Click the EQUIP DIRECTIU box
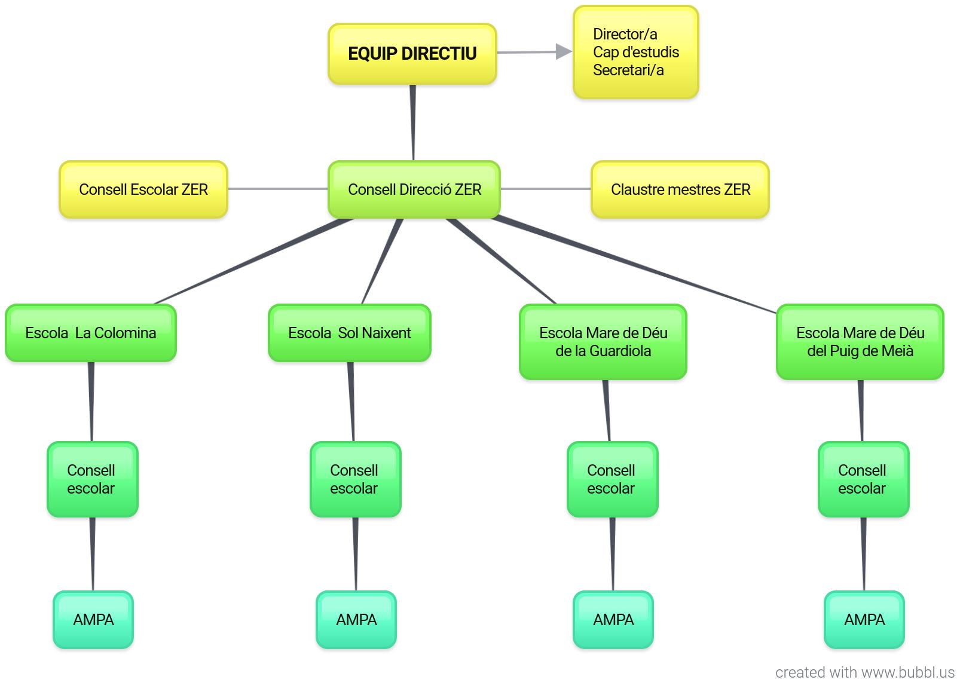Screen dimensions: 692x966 click(x=412, y=54)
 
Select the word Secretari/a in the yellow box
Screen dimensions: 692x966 click(x=628, y=71)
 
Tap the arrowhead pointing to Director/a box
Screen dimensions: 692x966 click(x=563, y=52)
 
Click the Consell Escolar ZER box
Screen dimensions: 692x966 click(x=143, y=189)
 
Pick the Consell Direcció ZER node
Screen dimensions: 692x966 click(x=414, y=189)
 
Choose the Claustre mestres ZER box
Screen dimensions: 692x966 click(x=680, y=189)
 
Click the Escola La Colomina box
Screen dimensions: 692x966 click(x=91, y=333)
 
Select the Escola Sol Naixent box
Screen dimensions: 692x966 click(x=350, y=333)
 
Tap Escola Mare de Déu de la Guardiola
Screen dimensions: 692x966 click(x=603, y=342)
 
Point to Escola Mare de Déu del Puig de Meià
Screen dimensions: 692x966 click(x=860, y=342)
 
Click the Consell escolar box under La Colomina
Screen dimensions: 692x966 click(x=93, y=479)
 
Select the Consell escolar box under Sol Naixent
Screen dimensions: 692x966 click(x=356, y=479)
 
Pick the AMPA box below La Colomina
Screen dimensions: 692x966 click(x=93, y=620)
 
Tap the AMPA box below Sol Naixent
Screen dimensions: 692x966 click(x=356, y=620)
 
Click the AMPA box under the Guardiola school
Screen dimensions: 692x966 click(x=613, y=620)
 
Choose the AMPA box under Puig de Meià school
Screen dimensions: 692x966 click(x=864, y=620)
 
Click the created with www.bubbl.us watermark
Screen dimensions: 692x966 click(x=864, y=673)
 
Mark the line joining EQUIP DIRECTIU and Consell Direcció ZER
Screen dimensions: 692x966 click(x=413, y=123)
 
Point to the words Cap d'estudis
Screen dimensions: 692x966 click(x=635, y=53)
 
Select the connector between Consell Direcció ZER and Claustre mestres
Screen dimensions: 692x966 click(x=545, y=189)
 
